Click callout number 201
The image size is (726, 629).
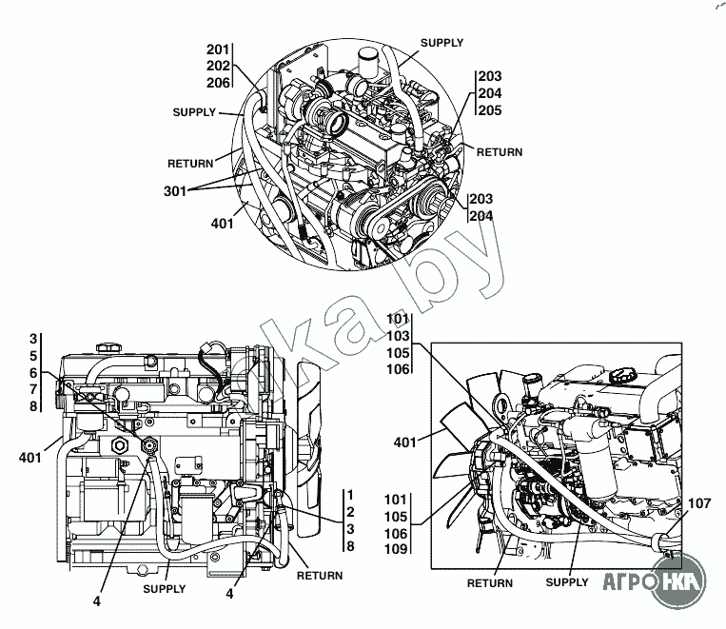(218, 49)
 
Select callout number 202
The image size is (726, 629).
(218, 67)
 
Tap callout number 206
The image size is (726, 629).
(218, 83)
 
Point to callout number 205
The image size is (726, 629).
(490, 110)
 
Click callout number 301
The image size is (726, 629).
(175, 191)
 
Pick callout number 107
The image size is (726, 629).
(699, 503)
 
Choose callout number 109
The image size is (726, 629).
(396, 549)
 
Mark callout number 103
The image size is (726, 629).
(399, 336)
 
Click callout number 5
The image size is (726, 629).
(33, 356)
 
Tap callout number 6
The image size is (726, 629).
(33, 373)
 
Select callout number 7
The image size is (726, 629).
(33, 389)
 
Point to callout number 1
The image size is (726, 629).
(350, 495)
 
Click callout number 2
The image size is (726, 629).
(350, 512)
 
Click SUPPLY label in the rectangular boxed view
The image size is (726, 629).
(567, 582)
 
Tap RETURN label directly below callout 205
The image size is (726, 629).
(500, 152)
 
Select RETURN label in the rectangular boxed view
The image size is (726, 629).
(490, 583)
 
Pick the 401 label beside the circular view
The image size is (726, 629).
(223, 224)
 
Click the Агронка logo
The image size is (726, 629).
(656, 581)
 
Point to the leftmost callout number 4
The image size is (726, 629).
(97, 601)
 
